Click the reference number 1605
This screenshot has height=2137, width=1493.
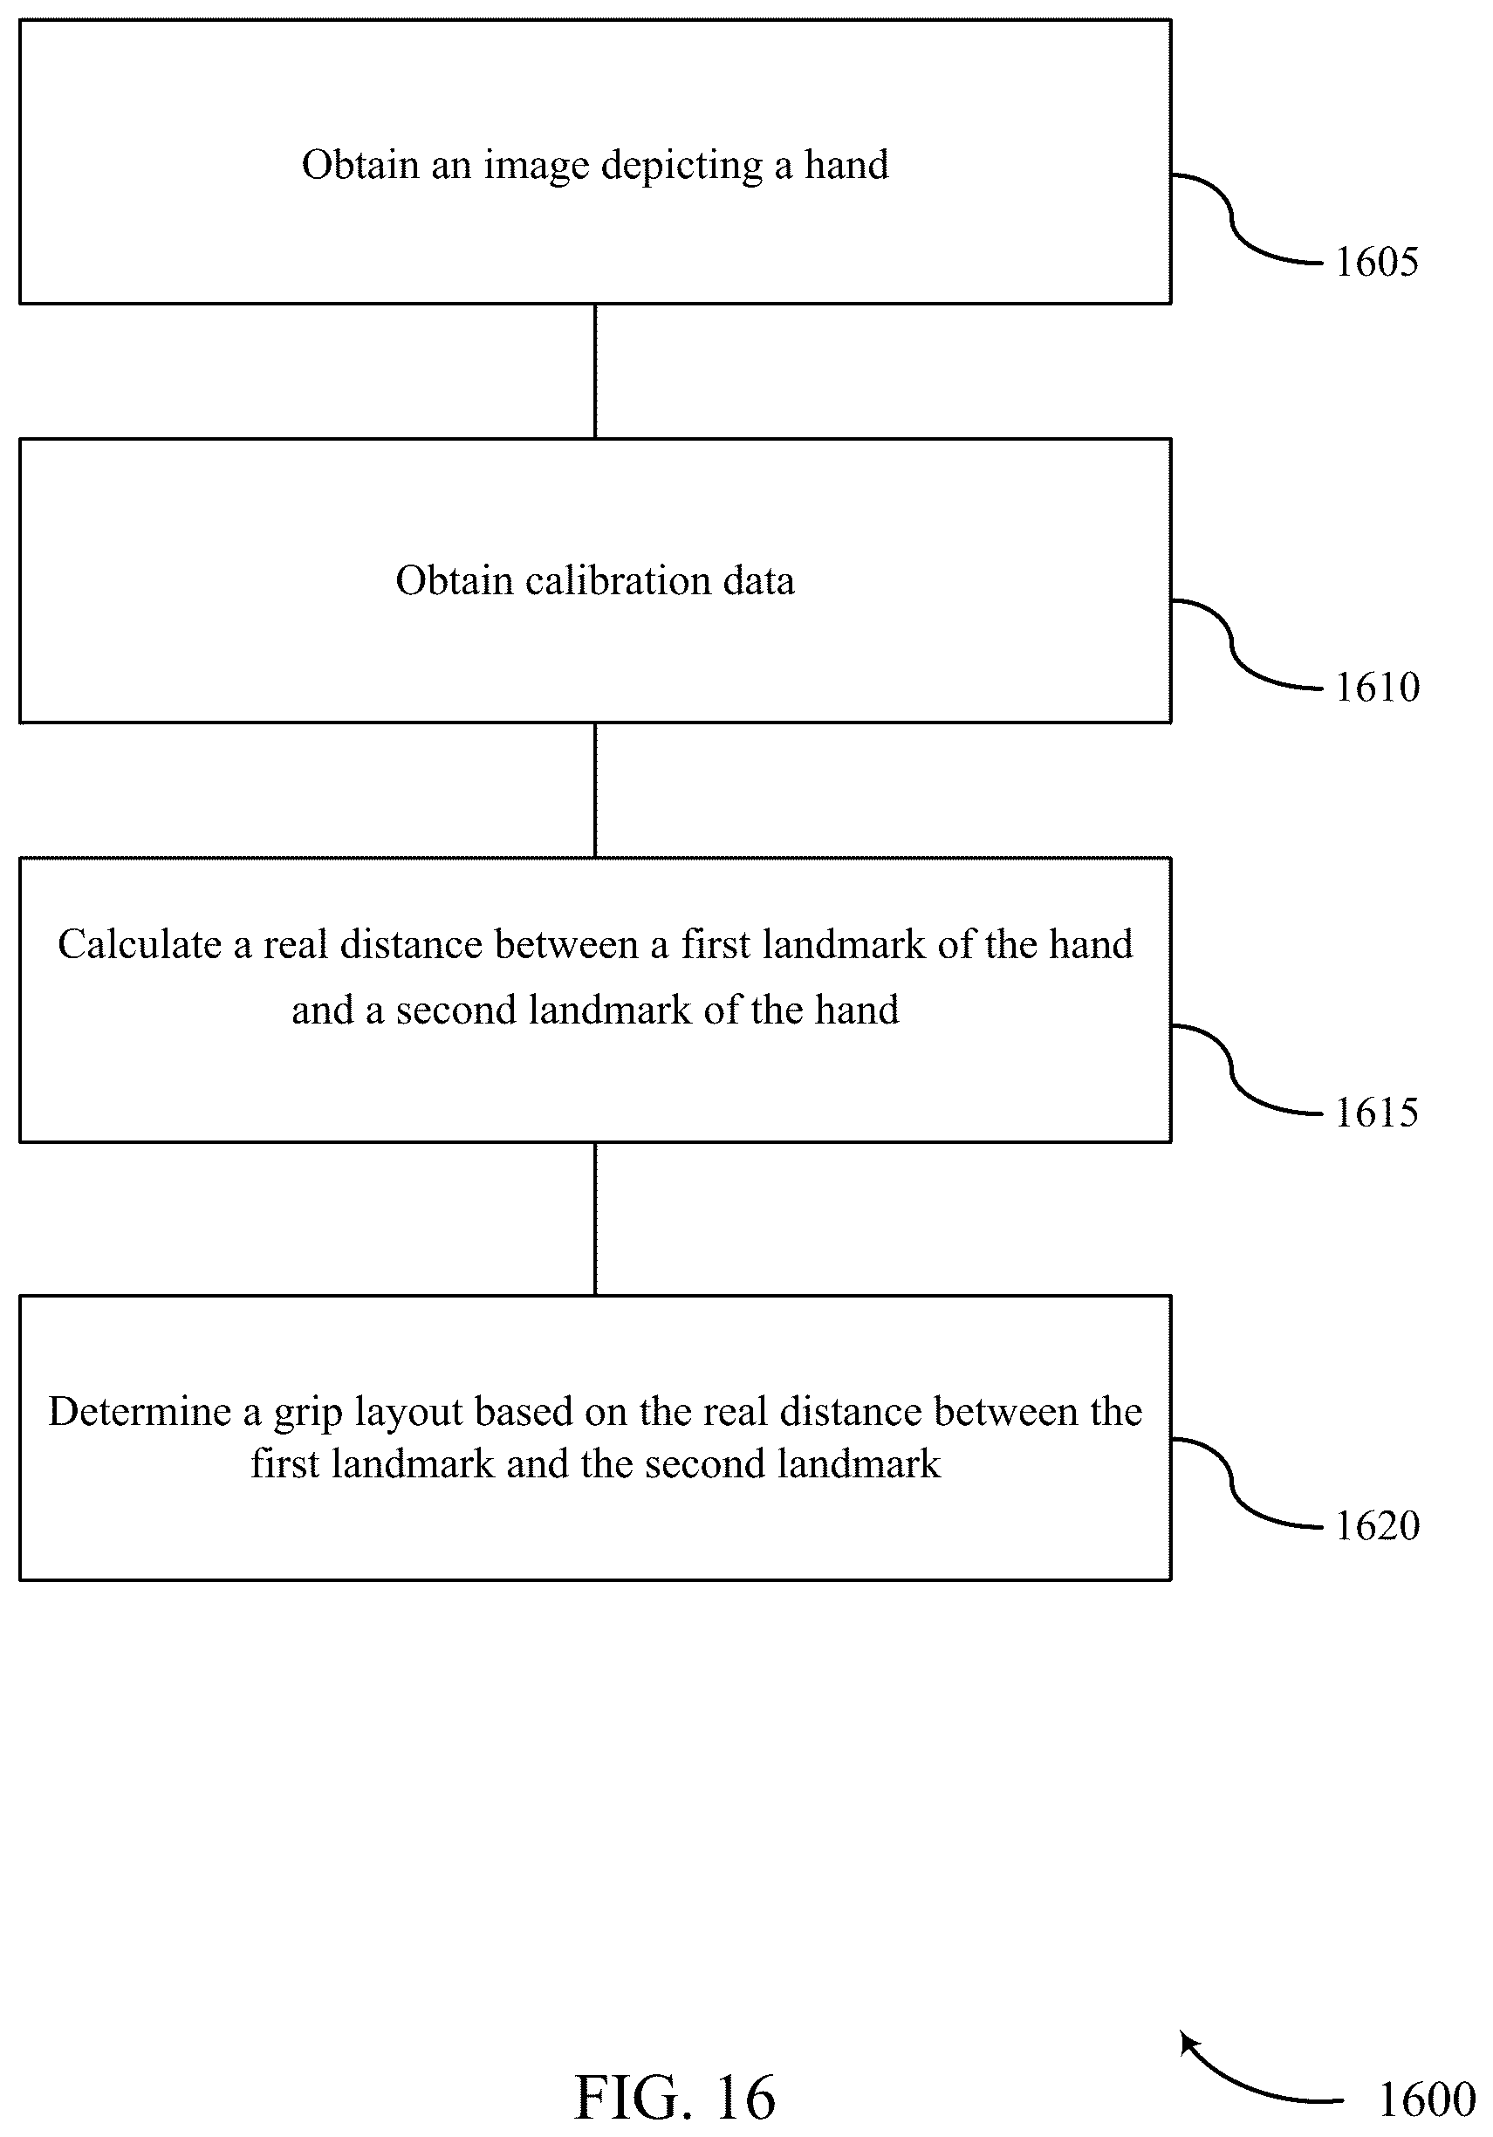(1377, 262)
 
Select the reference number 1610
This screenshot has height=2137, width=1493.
(1377, 687)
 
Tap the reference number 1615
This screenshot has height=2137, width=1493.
(1377, 1113)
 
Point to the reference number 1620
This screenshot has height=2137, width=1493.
(1377, 1525)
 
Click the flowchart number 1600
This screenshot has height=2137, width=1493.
(1426, 2099)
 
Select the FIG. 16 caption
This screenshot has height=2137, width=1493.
(675, 2098)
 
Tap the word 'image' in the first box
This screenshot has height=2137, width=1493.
(536, 167)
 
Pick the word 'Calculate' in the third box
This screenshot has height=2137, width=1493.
(140, 945)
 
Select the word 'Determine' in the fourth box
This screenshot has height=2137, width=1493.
(140, 1412)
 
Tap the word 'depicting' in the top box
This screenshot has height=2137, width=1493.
(681, 167)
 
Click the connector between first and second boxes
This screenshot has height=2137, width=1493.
(595, 372)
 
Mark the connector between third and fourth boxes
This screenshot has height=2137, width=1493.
(595, 1218)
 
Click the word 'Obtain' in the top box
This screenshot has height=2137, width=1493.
(360, 165)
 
